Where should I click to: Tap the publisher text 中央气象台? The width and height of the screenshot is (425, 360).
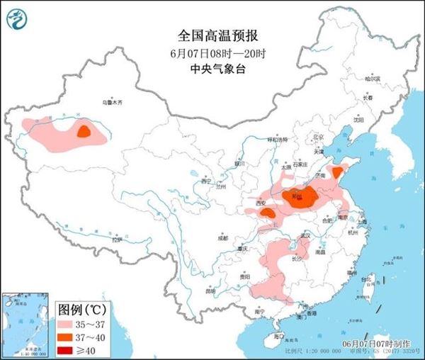point(212,69)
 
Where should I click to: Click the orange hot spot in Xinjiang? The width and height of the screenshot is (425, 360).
point(84,131)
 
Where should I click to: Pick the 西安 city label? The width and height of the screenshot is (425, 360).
point(261,203)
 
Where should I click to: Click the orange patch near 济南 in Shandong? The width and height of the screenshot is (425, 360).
point(339,171)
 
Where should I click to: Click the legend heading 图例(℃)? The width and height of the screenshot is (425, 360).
point(81,310)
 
